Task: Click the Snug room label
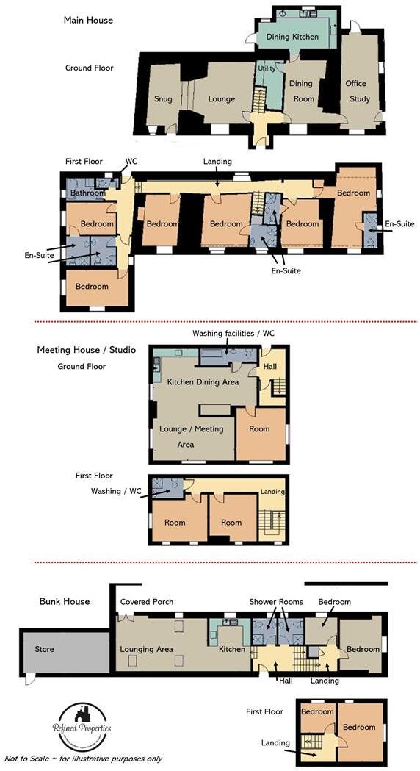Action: [163, 99]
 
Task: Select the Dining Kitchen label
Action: [292, 37]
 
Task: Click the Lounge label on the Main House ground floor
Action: [221, 99]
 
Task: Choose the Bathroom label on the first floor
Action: [87, 194]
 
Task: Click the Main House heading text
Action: [88, 21]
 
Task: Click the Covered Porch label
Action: [147, 602]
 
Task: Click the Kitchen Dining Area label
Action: [203, 382]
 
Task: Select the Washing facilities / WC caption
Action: [233, 333]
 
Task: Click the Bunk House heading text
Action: [65, 601]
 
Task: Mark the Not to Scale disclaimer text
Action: [82, 758]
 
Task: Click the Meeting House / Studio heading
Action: [86, 350]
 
